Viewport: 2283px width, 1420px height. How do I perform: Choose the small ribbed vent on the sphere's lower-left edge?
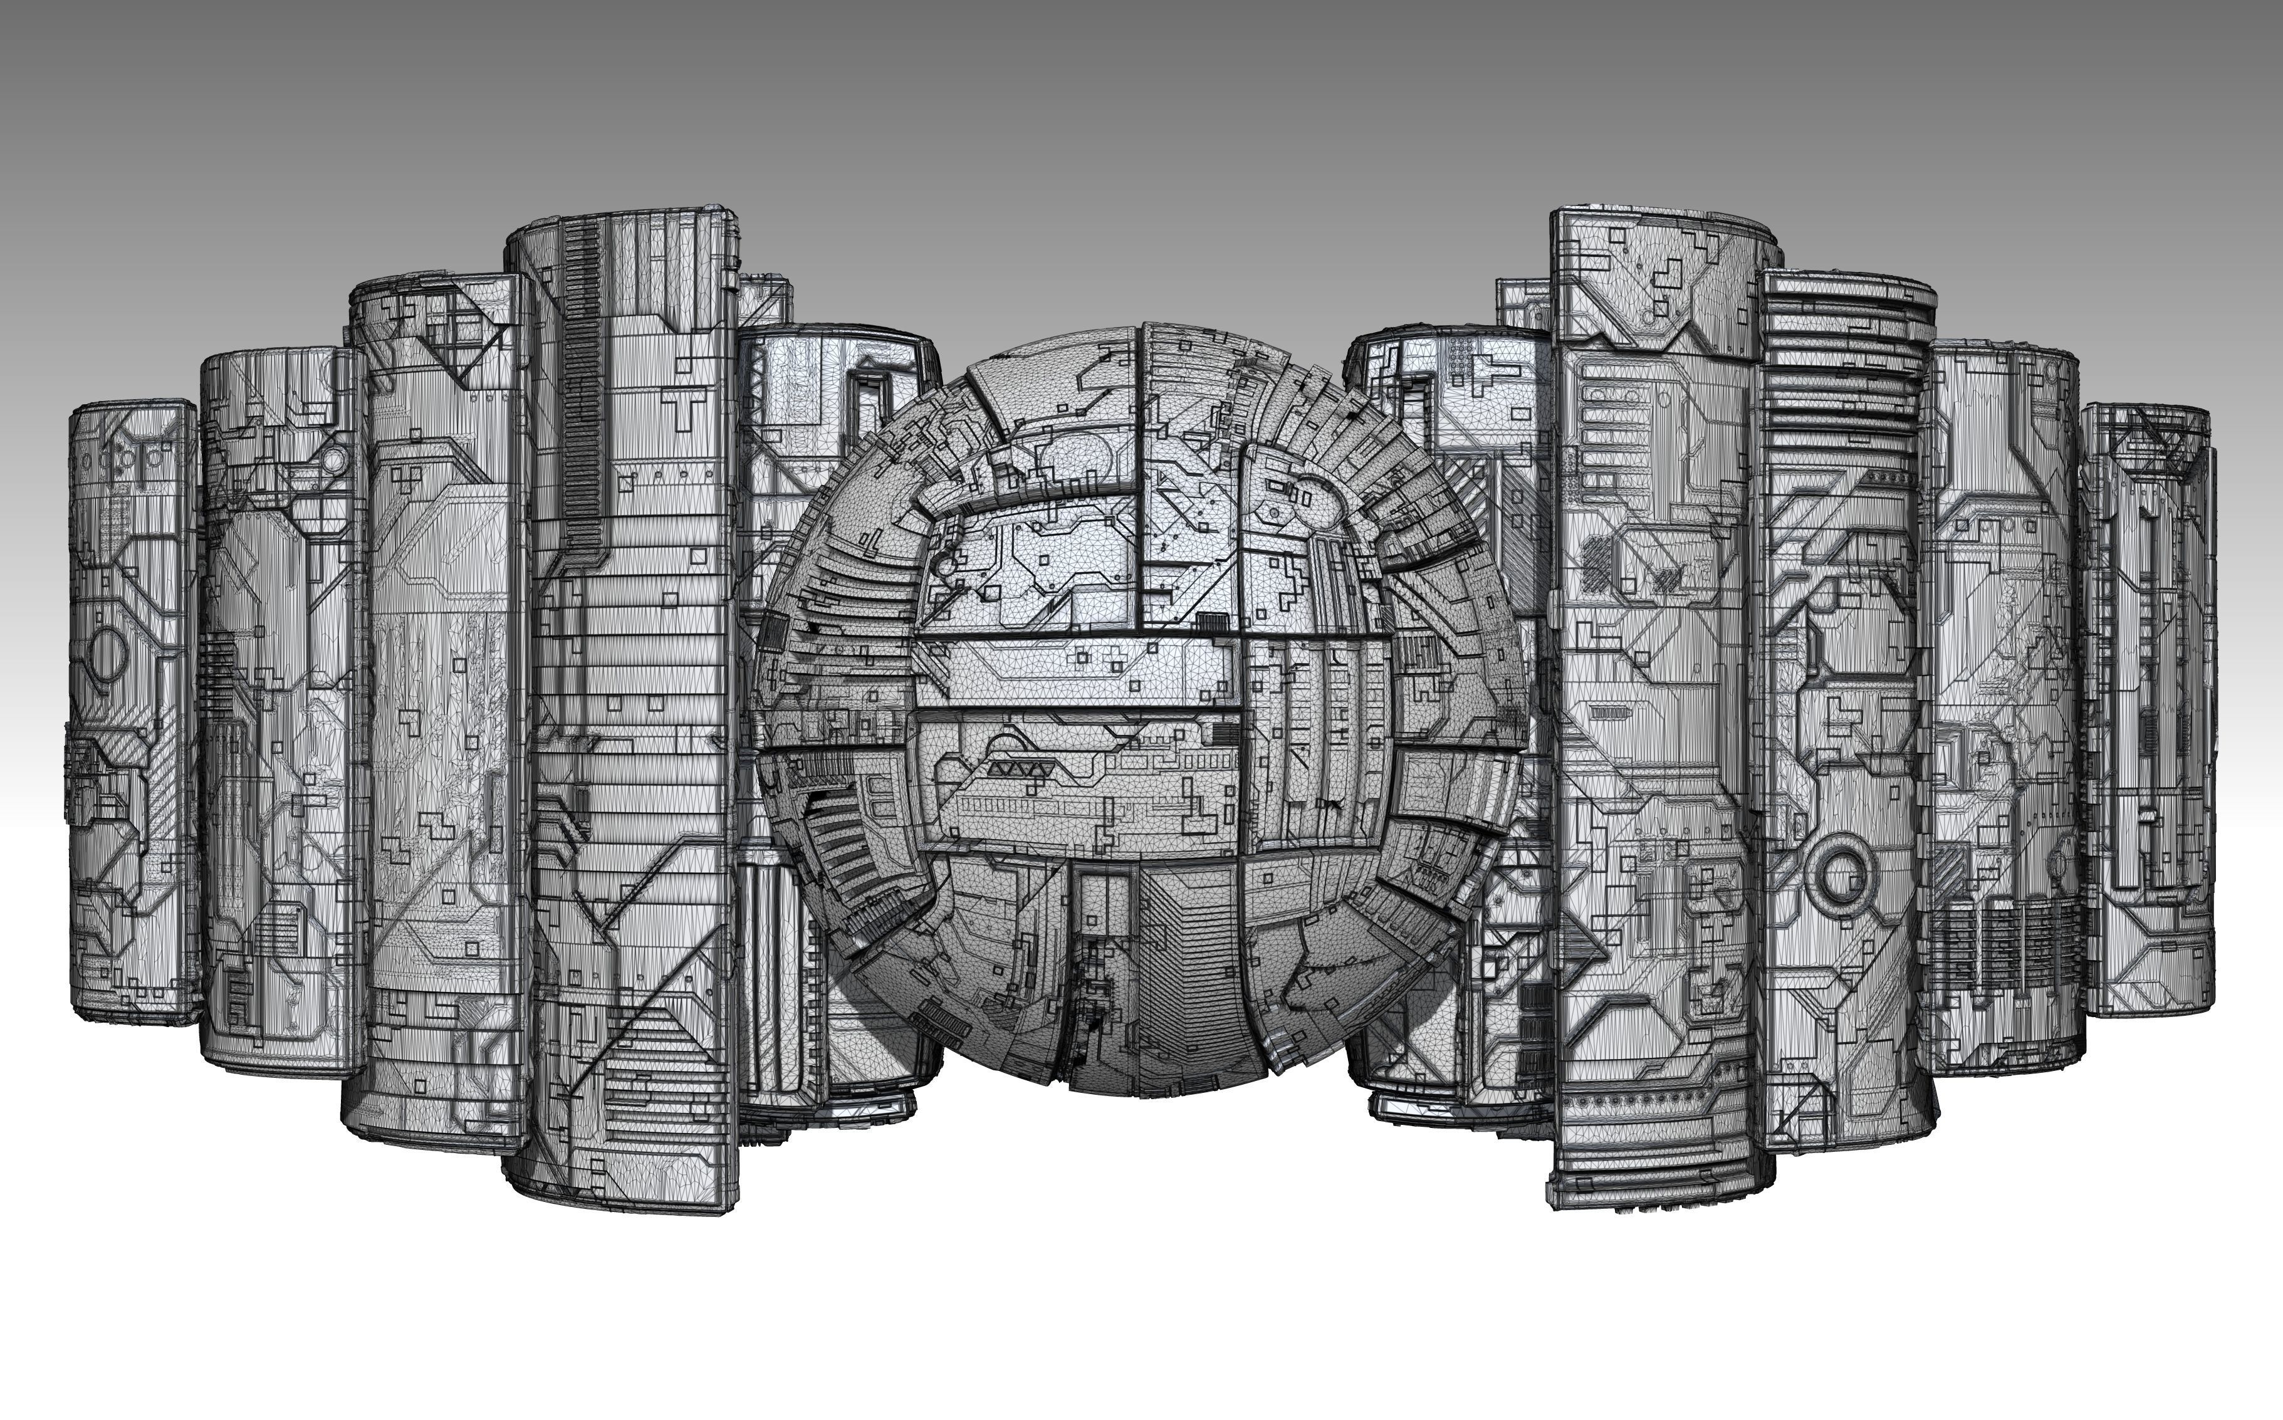(943, 1019)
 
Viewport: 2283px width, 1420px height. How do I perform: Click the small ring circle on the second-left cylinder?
(334, 459)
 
